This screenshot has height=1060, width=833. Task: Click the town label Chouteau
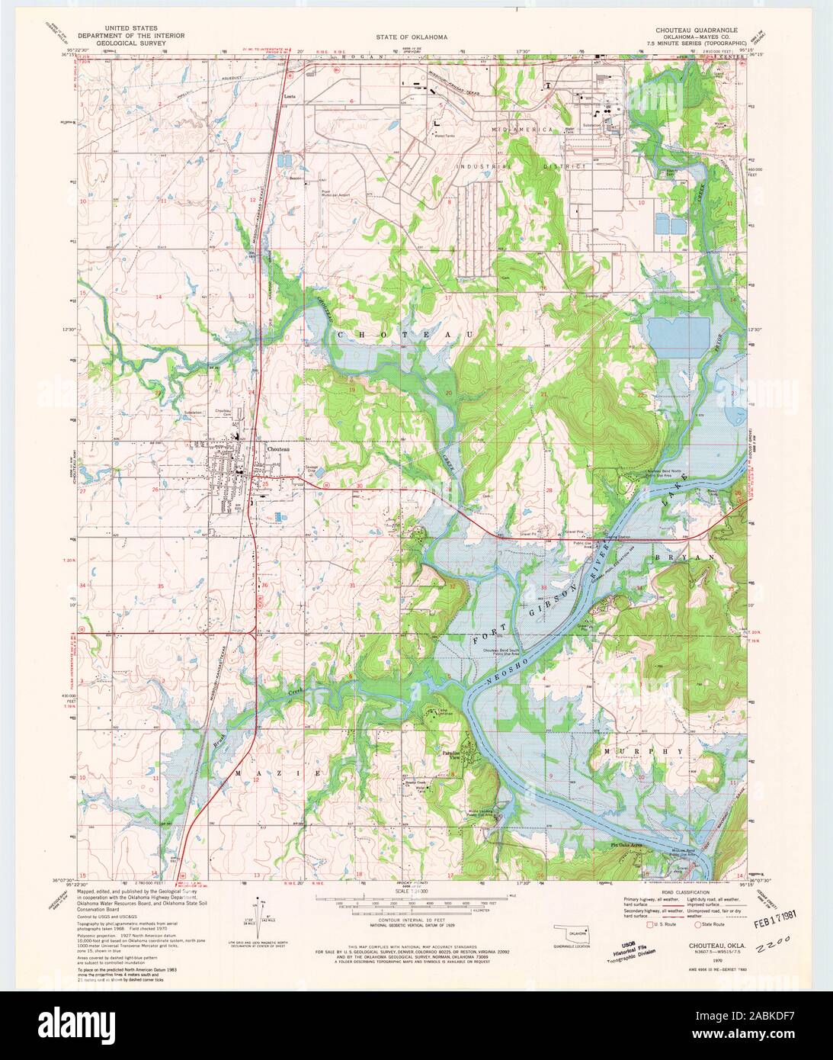pyautogui.click(x=279, y=449)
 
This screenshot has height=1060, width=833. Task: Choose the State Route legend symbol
pyautogui.click(x=698, y=924)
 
